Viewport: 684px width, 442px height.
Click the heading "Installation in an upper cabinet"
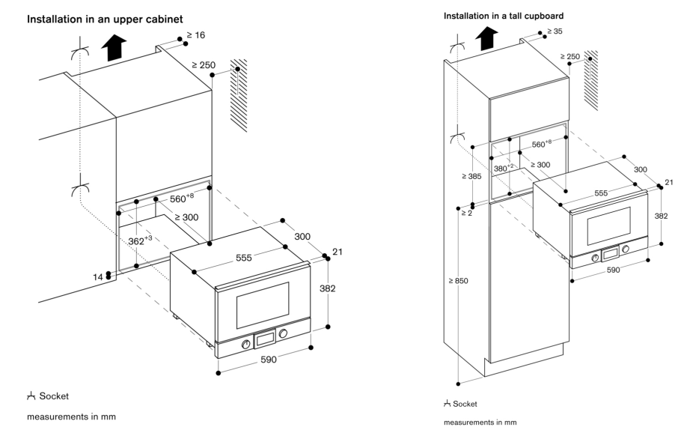(x=105, y=19)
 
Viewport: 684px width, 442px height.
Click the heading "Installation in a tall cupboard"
(x=504, y=16)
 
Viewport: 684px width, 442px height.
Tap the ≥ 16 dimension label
(x=195, y=35)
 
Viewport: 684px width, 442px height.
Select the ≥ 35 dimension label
(x=555, y=31)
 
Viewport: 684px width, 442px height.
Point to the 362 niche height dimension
(x=140, y=240)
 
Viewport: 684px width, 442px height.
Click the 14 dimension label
(x=98, y=277)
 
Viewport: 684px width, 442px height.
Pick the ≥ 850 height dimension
(x=459, y=281)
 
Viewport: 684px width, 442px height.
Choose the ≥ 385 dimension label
(x=471, y=177)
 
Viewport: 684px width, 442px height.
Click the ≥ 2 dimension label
(x=467, y=214)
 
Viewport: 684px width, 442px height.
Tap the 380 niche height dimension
(x=504, y=168)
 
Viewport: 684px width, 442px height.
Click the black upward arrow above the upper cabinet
(x=114, y=48)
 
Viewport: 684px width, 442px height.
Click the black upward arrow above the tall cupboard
(x=486, y=38)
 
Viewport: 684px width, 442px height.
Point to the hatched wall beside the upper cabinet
(x=239, y=95)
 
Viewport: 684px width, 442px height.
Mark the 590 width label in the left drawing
(x=269, y=360)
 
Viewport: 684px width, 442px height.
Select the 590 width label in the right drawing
(x=613, y=270)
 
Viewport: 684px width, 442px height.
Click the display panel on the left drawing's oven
(x=265, y=339)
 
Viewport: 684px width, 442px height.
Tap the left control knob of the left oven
(x=245, y=344)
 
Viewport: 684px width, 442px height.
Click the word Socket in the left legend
(x=54, y=396)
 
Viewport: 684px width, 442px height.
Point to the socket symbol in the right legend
(x=447, y=404)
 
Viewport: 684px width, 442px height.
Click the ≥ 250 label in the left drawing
(x=204, y=65)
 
